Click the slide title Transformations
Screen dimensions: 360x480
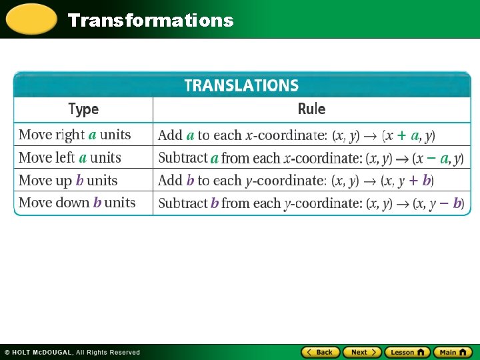pyautogui.click(x=151, y=20)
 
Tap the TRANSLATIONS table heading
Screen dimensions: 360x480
pyautogui.click(x=241, y=85)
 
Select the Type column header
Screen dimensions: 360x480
pyautogui.click(x=83, y=109)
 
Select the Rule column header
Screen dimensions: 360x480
pyautogui.click(x=311, y=109)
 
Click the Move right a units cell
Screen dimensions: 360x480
pyautogui.click(x=75, y=135)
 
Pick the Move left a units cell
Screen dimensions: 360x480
pyautogui.click(x=70, y=158)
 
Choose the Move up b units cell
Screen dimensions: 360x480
pyautogui.click(x=68, y=181)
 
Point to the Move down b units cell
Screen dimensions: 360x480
pyautogui.click(x=77, y=203)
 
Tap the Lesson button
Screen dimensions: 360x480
pyautogui.click(x=406, y=352)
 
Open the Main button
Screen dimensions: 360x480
pyautogui.click(x=452, y=352)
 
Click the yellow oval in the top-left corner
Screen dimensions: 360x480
pyautogui.click(x=31, y=19)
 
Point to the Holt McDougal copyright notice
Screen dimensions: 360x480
pyautogui.click(x=72, y=352)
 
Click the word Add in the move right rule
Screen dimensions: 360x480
pyautogui.click(x=170, y=135)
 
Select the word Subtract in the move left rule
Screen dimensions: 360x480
pyautogui.click(x=183, y=158)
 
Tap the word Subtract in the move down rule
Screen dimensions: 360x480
pyautogui.click(x=183, y=203)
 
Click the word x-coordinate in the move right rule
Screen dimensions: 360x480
pyautogui.click(x=285, y=135)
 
